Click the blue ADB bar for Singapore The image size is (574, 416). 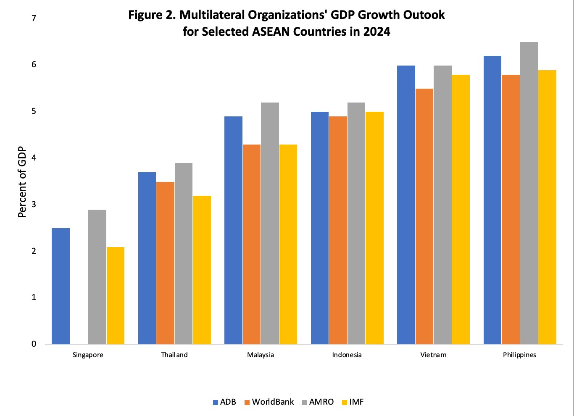(61, 286)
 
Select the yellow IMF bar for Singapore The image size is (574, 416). (116, 295)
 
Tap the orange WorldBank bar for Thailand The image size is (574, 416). (165, 263)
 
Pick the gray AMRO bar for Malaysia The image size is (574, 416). (270, 224)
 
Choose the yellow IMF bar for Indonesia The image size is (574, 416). (374, 228)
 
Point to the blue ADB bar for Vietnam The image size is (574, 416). (406, 205)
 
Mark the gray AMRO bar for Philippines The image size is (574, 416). (529, 193)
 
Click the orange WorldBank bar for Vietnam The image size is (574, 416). (424, 216)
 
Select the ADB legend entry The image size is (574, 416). (224, 402)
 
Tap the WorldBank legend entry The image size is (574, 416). (269, 402)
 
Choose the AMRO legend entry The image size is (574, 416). (318, 402)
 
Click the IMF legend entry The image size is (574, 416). (353, 402)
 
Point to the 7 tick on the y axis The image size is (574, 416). (34, 18)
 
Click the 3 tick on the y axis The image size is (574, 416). (34, 205)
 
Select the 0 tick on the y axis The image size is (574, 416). (34, 344)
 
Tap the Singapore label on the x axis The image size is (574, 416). (88, 355)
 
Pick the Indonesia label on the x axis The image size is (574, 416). (347, 355)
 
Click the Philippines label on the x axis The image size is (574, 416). (519, 355)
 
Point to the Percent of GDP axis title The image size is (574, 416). (22, 182)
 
